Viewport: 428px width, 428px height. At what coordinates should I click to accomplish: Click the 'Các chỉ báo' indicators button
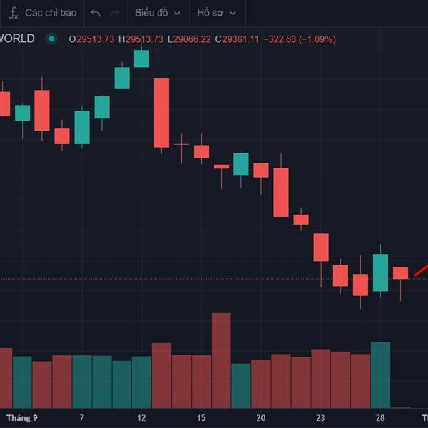coord(43,13)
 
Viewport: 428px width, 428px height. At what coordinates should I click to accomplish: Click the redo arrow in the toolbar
coord(115,13)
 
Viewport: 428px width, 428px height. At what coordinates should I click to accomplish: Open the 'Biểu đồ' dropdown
coord(158,13)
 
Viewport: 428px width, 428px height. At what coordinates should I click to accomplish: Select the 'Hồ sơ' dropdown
coord(216,13)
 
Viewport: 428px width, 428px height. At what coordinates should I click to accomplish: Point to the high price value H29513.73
coord(141,39)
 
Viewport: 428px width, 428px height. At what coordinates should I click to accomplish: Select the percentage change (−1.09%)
coord(311,39)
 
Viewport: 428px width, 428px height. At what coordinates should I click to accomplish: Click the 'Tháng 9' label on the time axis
coord(22,417)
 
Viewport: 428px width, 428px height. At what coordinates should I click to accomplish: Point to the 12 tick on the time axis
coord(142,417)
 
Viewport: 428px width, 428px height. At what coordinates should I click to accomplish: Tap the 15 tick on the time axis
coord(202,417)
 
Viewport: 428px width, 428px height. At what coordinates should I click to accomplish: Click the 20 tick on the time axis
coord(261,417)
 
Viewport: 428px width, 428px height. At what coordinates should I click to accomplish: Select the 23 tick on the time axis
coord(321,417)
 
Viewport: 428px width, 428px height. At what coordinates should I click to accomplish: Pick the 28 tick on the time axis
coord(381,417)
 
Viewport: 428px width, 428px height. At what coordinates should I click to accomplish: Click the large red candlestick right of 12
coord(162,113)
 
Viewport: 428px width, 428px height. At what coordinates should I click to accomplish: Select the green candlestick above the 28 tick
coord(381,272)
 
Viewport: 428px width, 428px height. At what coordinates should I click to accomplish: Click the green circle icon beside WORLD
coord(51,39)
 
